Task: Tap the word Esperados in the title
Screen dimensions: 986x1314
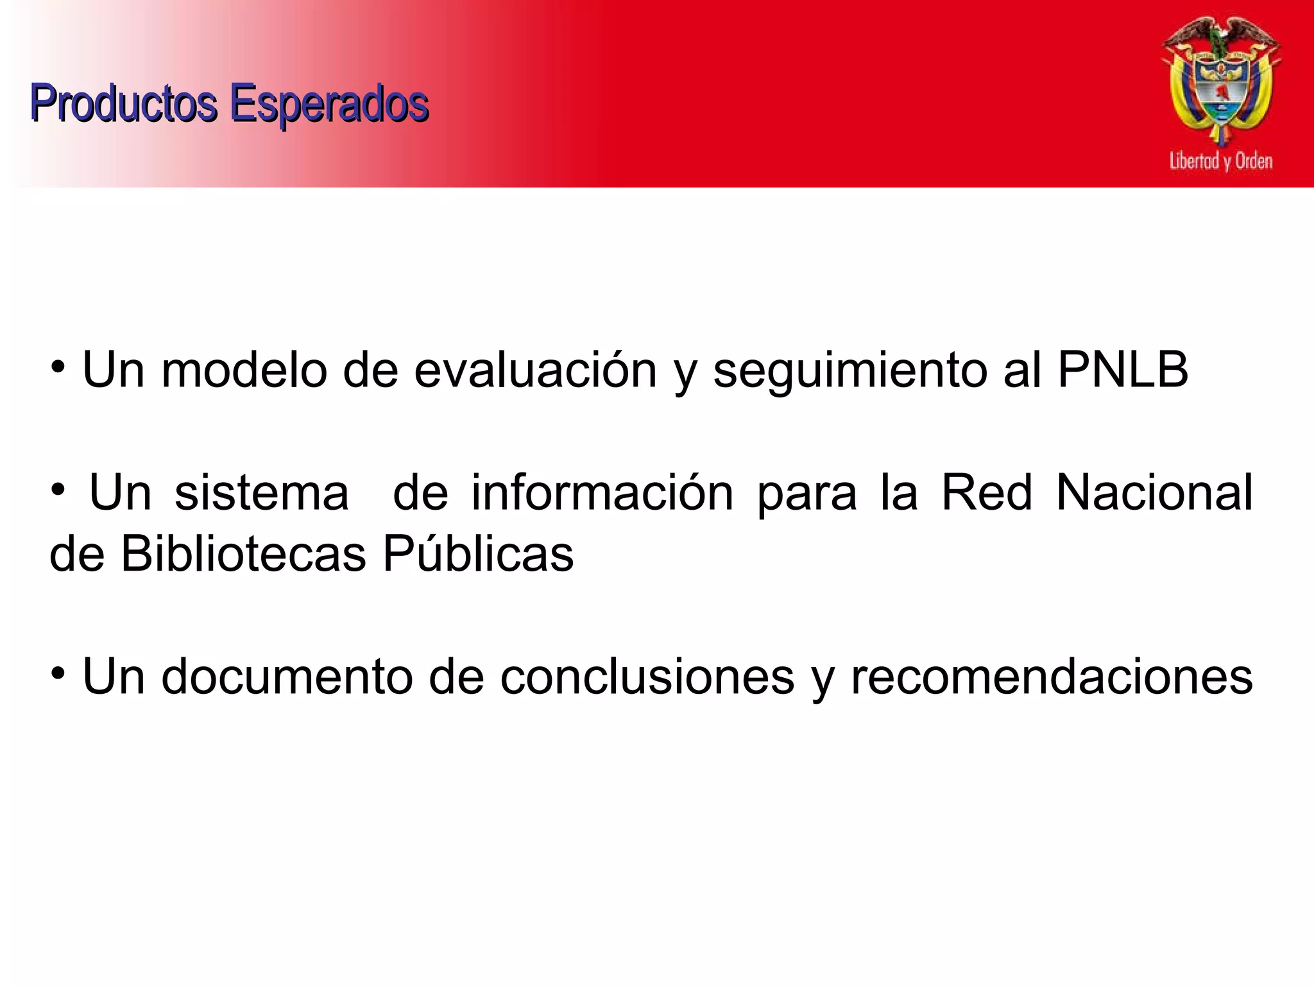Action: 328,103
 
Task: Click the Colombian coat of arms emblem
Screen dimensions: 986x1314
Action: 1221,80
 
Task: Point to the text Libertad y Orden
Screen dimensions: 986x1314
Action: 1220,160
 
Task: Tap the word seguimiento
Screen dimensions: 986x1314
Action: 850,371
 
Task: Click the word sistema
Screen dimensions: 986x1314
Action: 262,493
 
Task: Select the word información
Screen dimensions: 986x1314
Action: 602,493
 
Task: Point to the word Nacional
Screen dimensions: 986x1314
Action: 1154,493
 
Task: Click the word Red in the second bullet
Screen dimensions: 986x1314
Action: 987,493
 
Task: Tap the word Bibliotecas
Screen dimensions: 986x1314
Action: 243,553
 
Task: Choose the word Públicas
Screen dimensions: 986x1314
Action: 478,553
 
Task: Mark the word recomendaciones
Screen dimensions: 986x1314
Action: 1052,677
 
